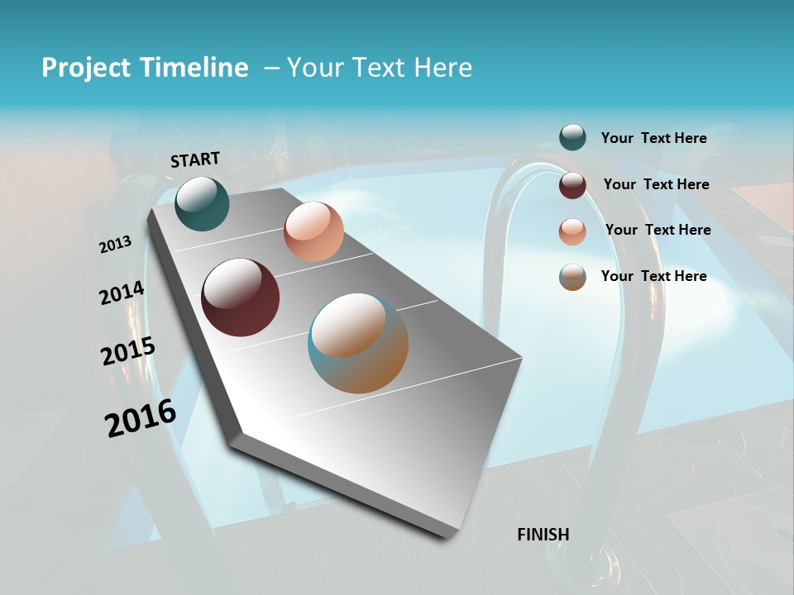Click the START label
(x=195, y=159)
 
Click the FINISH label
(x=543, y=535)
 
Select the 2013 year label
(x=115, y=245)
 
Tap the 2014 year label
(x=122, y=293)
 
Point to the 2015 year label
(x=127, y=351)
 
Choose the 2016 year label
(x=141, y=418)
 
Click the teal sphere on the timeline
(x=202, y=204)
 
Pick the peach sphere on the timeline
(x=313, y=231)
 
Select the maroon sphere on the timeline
(x=241, y=297)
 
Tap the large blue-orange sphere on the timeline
(x=358, y=343)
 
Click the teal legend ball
(x=572, y=138)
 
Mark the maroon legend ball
(x=572, y=185)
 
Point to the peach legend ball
(x=572, y=231)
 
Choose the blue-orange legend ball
(x=572, y=277)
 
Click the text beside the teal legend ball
(x=653, y=138)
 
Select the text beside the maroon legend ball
(x=656, y=184)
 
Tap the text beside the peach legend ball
(x=658, y=230)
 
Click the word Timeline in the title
(x=196, y=68)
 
